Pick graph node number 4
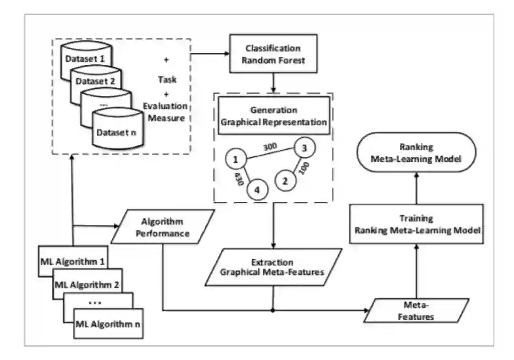(x=257, y=190)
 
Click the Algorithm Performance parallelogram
(x=162, y=228)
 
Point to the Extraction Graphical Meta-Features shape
(x=273, y=267)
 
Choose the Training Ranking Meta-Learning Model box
(x=416, y=224)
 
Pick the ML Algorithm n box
(x=109, y=325)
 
